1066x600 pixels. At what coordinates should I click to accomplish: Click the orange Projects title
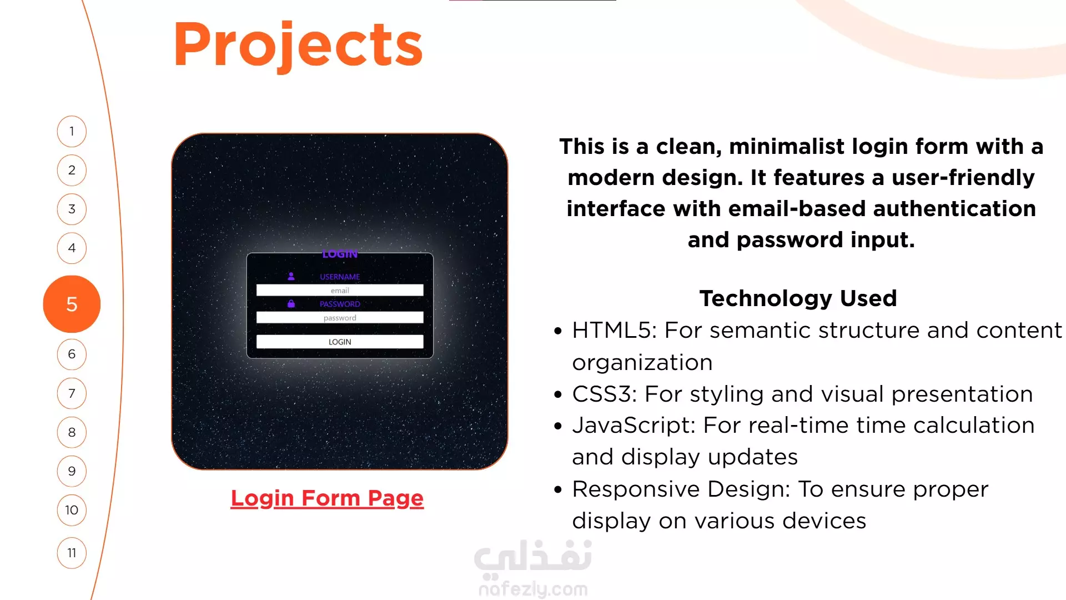tap(298, 44)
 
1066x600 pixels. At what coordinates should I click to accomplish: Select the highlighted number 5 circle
tap(72, 304)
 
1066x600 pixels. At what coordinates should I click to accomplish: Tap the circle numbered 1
tap(72, 131)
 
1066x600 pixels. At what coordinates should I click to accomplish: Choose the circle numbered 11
tap(72, 553)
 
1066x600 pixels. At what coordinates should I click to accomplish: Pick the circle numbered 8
tap(72, 432)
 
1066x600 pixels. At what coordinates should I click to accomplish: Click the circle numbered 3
tap(72, 209)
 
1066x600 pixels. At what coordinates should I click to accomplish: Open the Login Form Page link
tap(327, 498)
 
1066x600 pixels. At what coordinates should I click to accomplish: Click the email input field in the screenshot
tap(340, 291)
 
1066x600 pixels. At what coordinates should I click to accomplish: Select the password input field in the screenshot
tap(340, 318)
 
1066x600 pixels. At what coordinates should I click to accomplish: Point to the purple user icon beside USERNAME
tap(291, 276)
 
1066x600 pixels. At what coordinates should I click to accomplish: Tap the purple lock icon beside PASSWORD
tap(291, 303)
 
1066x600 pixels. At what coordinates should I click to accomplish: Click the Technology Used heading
tap(798, 298)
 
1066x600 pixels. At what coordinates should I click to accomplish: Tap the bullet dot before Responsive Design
tap(558, 489)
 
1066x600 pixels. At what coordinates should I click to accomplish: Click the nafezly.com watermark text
tap(533, 589)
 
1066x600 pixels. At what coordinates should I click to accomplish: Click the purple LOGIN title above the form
tap(340, 254)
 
